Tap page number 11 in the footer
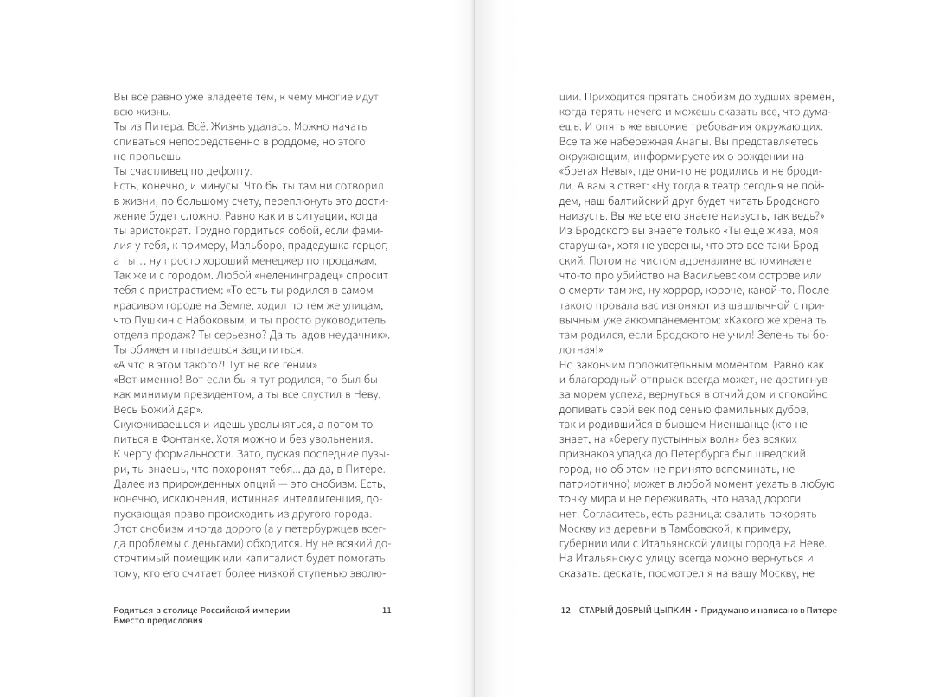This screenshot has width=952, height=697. coord(387,610)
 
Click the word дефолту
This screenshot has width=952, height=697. coord(202,172)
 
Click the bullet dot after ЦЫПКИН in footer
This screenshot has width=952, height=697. coord(694,610)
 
